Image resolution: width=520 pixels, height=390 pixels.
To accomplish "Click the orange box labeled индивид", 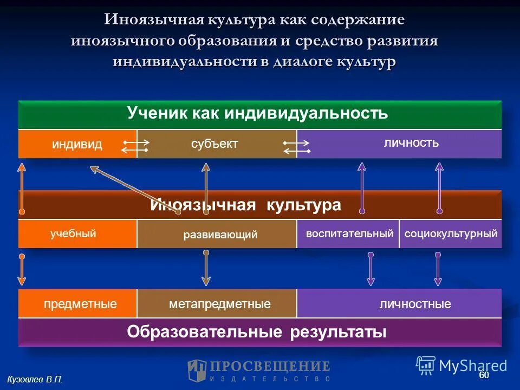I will pos(77,144).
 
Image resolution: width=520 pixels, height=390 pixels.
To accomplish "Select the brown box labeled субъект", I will pos(215,144).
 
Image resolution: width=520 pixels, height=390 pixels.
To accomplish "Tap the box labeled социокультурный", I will pos(451,234).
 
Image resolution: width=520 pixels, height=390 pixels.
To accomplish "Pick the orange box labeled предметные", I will pos(77,304).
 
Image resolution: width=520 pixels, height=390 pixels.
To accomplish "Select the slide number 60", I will pos(484,375).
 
